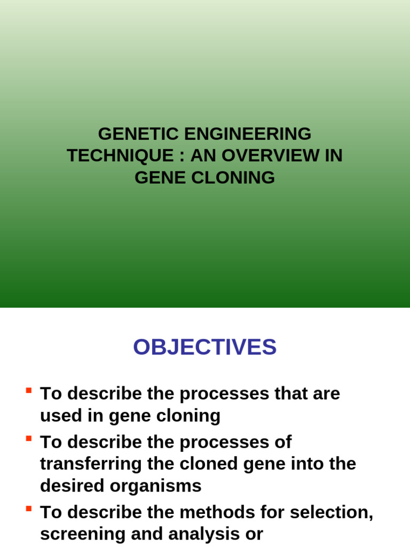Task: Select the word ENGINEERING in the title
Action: click(x=248, y=134)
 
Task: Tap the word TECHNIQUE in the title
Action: click(x=120, y=155)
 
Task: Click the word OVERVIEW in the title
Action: click(x=270, y=155)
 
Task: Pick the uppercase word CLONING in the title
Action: click(x=233, y=177)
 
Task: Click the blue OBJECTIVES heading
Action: click(x=204, y=347)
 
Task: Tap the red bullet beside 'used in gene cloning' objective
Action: click(x=29, y=390)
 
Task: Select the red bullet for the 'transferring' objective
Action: click(x=29, y=439)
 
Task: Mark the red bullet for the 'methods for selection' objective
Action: click(x=29, y=509)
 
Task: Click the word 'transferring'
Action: click(x=91, y=464)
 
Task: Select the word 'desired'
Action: click(x=72, y=486)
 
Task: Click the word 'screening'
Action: click(x=83, y=535)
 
